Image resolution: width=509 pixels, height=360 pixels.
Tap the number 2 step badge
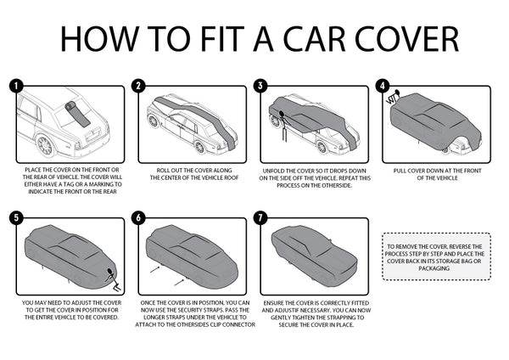[x=138, y=86]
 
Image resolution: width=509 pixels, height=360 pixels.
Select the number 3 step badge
[x=260, y=86]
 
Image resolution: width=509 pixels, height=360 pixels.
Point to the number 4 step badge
[x=383, y=86]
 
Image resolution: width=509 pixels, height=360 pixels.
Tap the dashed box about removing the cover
[x=436, y=252]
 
